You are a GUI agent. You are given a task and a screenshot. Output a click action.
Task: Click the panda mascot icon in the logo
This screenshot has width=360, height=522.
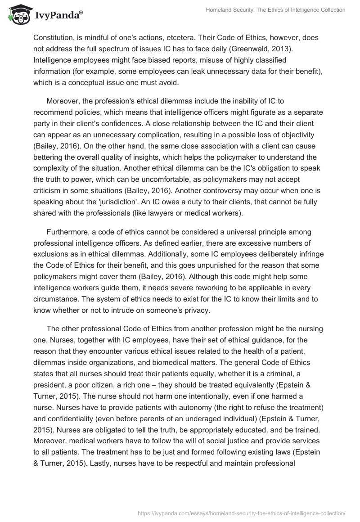pyautogui.click(x=18, y=15)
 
